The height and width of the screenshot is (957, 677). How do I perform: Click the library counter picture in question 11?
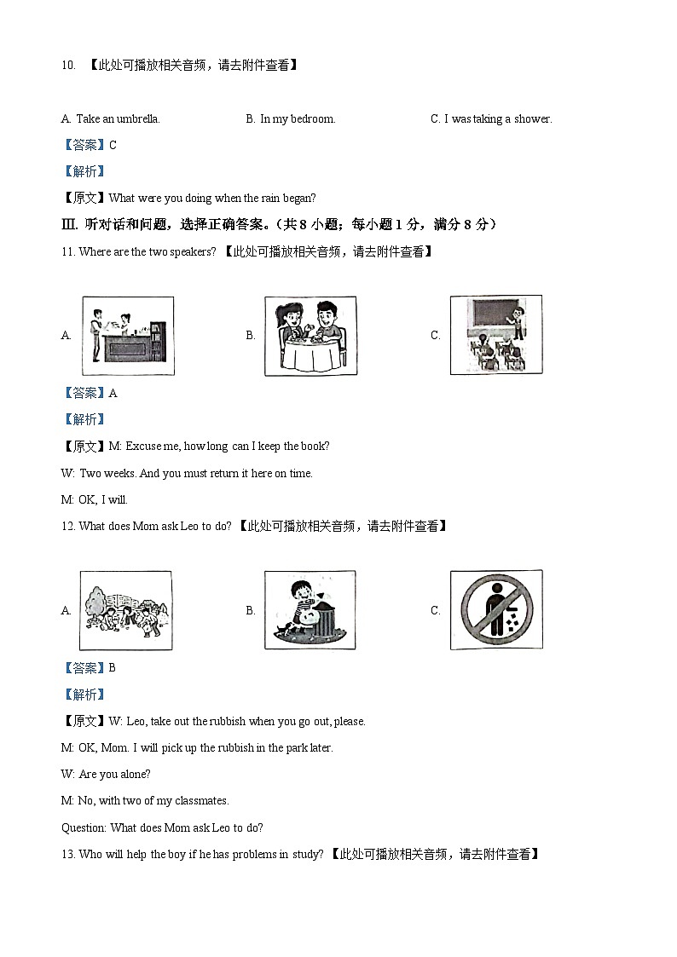pyautogui.click(x=128, y=336)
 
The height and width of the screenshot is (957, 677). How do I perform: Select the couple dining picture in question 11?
pyautogui.click(x=310, y=336)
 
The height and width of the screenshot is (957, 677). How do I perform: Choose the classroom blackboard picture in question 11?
pyautogui.click(x=495, y=335)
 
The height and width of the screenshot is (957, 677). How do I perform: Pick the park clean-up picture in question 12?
pyautogui.click(x=127, y=610)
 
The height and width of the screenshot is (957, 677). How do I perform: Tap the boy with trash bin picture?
pyautogui.click(x=310, y=610)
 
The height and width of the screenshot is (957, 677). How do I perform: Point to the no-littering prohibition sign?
pyautogui.click(x=495, y=610)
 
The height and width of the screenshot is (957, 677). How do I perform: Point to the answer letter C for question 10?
pyautogui.click(x=113, y=146)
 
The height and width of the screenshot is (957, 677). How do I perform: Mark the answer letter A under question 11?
pyautogui.click(x=113, y=394)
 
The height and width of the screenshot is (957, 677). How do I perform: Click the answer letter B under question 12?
pyautogui.click(x=113, y=668)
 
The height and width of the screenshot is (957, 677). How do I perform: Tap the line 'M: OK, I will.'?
pyautogui.click(x=95, y=500)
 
